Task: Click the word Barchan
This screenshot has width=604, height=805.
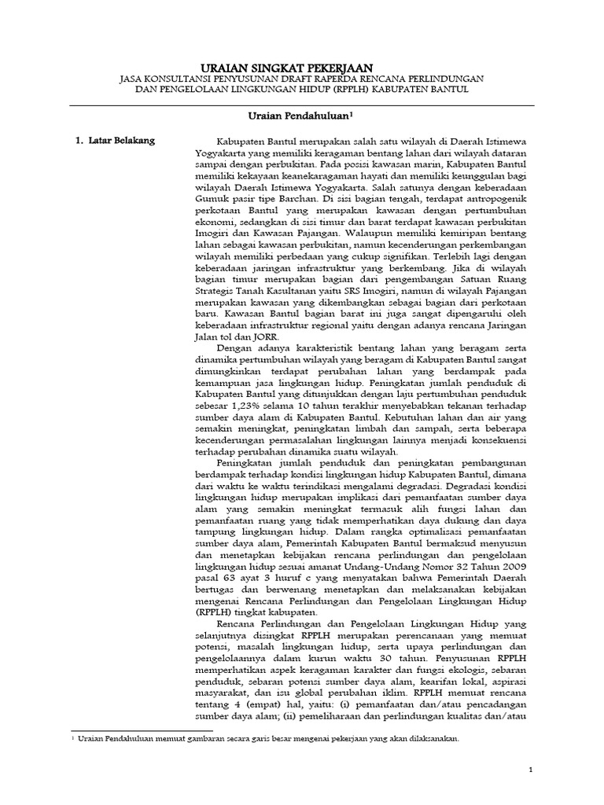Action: [277, 200]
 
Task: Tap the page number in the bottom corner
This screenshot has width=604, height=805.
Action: [532, 772]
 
